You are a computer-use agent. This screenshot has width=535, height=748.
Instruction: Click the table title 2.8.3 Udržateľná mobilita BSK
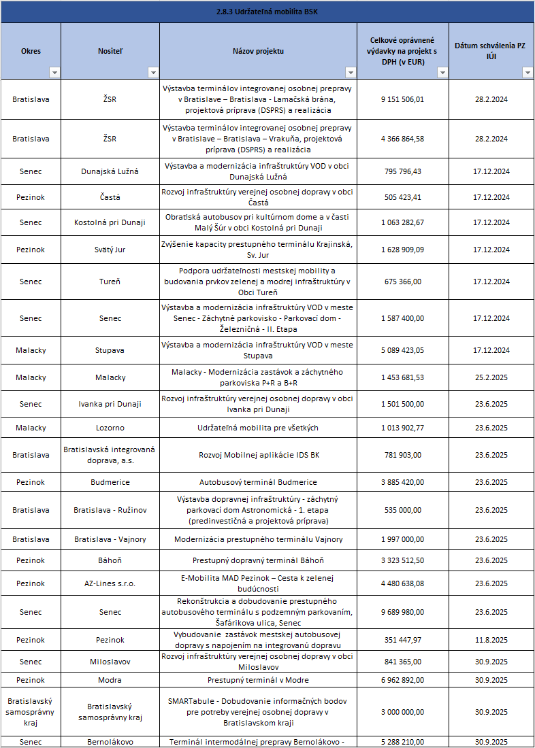267,12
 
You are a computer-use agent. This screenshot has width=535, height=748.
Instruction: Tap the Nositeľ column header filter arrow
153,73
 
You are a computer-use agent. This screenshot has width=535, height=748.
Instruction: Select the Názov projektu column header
258,51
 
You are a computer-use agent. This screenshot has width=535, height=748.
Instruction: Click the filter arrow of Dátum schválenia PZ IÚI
527,73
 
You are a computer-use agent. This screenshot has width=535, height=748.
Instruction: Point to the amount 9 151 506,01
402,99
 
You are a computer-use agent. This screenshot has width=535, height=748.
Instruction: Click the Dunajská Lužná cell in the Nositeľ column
110,171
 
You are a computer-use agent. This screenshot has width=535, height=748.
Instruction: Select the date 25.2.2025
491,377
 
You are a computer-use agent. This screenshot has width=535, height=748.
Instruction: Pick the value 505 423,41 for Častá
402,197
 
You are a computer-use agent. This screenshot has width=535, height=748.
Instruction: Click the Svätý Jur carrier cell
110,250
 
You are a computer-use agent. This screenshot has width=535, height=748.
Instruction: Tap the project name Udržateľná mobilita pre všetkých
258,428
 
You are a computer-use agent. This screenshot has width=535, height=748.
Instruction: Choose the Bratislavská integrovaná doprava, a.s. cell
110,455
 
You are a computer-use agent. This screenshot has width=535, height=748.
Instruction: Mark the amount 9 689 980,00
402,612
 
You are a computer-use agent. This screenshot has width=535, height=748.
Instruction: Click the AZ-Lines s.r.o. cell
110,583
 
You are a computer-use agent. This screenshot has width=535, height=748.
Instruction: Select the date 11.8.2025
491,640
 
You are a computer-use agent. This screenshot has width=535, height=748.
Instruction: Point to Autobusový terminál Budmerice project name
258,482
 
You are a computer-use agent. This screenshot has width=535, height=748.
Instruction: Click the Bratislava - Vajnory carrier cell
110,539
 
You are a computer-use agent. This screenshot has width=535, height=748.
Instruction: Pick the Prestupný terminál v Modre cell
258,680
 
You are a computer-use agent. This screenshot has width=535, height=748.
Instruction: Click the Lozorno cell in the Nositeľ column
110,428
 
